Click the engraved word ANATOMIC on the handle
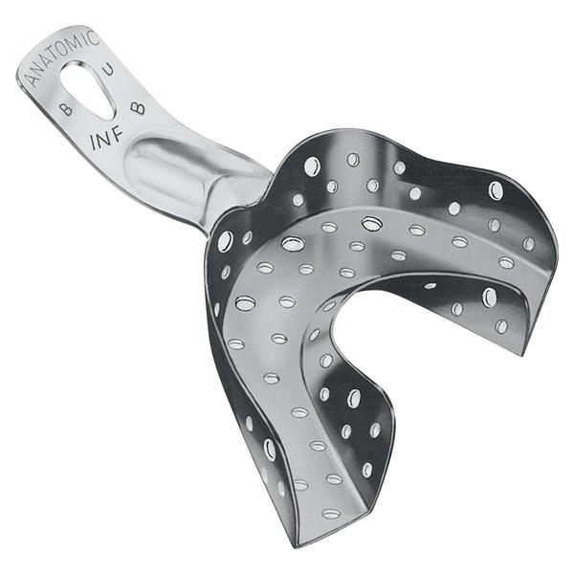tap(63, 57)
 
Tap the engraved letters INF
tap(106, 139)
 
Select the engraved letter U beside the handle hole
tap(108, 69)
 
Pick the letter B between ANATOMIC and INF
tap(66, 108)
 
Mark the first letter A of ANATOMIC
tap(33, 79)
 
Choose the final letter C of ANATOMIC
tap(94, 37)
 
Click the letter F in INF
tap(117, 135)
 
